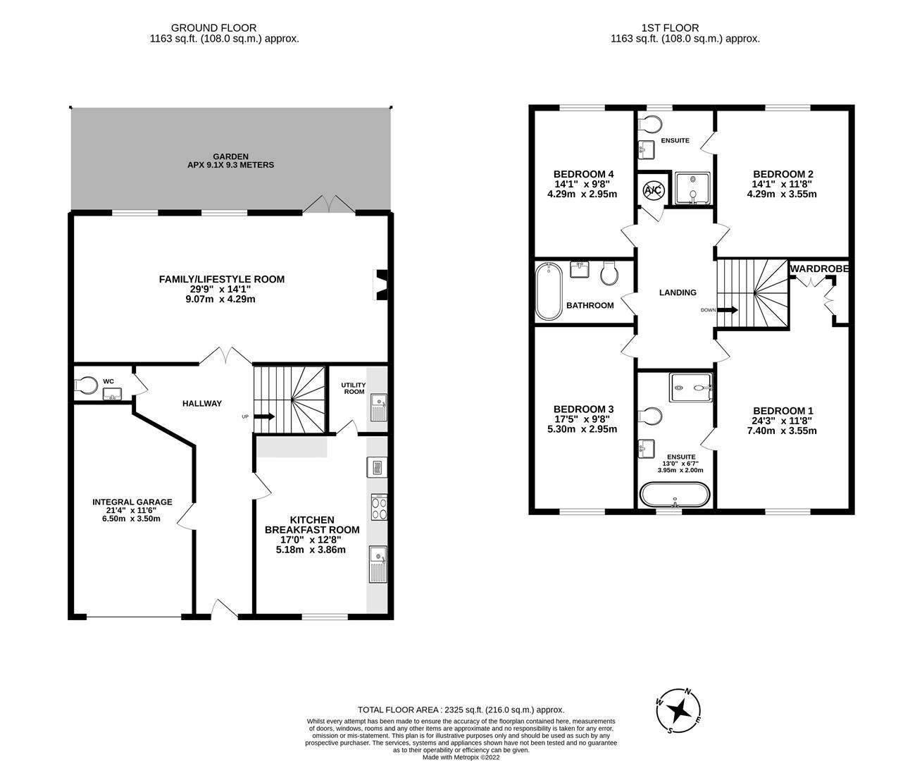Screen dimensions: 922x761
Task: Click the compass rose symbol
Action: coord(678,711)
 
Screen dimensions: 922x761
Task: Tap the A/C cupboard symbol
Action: coord(653,190)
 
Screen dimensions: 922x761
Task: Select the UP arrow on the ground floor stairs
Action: coord(265,416)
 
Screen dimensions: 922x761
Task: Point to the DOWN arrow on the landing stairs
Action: coord(728,309)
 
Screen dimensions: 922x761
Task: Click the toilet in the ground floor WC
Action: coord(86,385)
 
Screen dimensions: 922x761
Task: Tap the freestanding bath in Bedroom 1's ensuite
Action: coord(675,495)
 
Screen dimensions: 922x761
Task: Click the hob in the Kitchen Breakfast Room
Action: coord(379,507)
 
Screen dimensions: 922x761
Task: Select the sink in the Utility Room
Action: coord(379,407)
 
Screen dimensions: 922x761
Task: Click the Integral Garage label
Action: coord(132,502)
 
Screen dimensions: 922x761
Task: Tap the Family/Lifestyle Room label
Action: coord(222,279)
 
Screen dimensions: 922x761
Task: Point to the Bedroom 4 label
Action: coord(583,174)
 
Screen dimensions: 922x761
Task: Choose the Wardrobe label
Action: coord(820,268)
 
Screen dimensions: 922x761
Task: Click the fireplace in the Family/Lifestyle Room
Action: coord(380,285)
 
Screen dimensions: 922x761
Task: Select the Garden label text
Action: coord(230,161)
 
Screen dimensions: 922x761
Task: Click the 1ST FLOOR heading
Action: coord(670,27)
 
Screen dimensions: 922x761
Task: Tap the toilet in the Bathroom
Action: coord(609,273)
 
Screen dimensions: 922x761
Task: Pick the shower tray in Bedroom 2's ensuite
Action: coord(692,189)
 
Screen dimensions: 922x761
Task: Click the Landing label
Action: coord(678,292)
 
